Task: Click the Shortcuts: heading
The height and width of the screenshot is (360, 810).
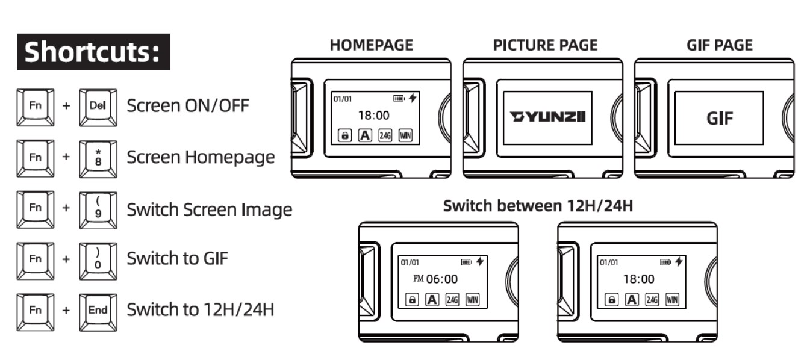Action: click(93, 52)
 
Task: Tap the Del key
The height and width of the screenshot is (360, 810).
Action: click(98, 107)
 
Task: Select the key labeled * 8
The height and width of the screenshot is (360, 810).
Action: click(98, 158)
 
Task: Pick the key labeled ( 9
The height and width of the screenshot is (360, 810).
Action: click(98, 209)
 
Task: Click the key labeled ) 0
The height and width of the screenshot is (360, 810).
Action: click(98, 259)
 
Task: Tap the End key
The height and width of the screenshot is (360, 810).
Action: click(98, 311)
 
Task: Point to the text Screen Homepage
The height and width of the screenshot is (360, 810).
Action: click(201, 158)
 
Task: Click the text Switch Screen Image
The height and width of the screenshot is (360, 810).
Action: click(209, 209)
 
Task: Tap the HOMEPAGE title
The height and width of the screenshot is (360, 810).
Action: click(371, 45)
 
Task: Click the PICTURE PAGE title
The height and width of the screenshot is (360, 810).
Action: click(545, 45)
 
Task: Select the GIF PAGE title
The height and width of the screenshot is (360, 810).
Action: click(719, 45)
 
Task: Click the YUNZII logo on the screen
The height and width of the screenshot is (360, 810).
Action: click(547, 117)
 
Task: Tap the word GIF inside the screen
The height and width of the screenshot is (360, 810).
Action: click(720, 118)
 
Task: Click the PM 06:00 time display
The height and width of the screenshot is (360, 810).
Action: click(436, 279)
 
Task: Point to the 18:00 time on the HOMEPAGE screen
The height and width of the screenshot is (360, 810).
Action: click(373, 115)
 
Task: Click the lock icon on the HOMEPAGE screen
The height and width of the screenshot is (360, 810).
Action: click(345, 136)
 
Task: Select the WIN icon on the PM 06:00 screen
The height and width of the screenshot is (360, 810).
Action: click(472, 300)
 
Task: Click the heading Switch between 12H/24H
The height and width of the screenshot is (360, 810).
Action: click(538, 206)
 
